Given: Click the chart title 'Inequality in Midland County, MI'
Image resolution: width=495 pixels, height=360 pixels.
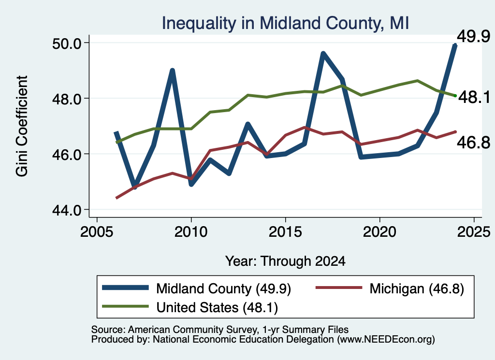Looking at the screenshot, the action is pos(285,23).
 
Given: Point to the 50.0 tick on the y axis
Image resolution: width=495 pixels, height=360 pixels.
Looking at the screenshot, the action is pos(67,43).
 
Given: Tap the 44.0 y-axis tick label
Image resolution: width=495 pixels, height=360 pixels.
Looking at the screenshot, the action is pos(67,210).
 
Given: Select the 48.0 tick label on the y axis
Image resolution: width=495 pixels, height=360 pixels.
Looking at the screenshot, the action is pos(67,99).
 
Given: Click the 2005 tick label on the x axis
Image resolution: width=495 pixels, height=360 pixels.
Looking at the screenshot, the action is pos(97,232).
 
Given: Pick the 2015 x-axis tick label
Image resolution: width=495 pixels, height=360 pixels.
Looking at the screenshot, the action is pos(285,232).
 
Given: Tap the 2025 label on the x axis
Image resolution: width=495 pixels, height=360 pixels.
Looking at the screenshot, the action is pos(474,232).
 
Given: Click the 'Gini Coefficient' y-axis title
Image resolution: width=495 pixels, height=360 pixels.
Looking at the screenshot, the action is pos(22,126).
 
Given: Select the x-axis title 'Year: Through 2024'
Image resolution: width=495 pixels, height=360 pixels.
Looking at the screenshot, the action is pos(285,261).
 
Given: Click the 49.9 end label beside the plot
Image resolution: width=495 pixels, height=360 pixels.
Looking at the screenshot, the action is pos(474,37).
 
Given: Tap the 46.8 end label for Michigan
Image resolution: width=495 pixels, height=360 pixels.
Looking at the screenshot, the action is pos(474,143).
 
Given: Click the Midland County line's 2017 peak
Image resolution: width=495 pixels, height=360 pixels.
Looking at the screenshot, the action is pos(323,53).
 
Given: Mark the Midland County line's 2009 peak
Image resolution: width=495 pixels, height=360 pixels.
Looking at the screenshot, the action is pos(172,70).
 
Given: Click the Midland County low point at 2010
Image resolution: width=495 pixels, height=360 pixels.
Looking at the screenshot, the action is pos(191,184).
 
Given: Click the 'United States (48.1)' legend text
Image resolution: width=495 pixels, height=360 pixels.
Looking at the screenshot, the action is pos(217,308).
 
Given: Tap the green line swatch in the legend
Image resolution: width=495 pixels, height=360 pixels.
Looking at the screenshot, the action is pos(125,306).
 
